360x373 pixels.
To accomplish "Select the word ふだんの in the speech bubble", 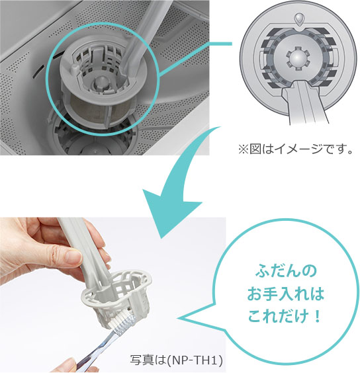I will click(286, 271).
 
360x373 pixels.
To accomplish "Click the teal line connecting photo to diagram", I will click(219, 44).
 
